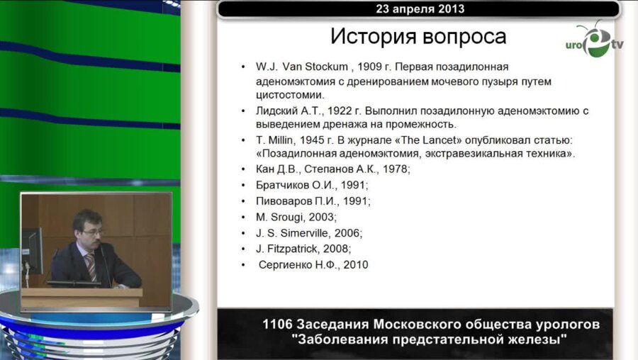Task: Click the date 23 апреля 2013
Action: point(418,9)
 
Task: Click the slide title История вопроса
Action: point(408,37)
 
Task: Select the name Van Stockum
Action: point(313,67)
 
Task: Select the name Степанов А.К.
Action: point(346,169)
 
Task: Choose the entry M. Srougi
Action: point(279,217)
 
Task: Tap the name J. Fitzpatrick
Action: point(287,249)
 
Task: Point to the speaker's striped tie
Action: point(90,266)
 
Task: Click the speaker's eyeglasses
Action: point(91,232)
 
